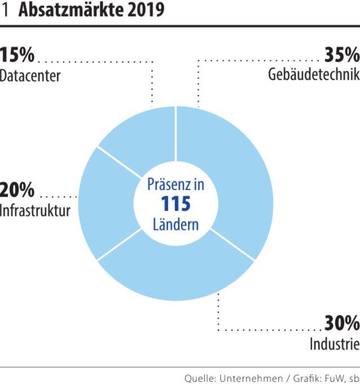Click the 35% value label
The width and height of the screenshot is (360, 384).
click(341, 55)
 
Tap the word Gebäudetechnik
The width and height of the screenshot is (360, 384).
click(314, 75)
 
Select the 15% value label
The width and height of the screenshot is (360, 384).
click(17, 55)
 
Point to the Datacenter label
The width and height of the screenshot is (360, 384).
click(30, 76)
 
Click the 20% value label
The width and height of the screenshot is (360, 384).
click(17, 191)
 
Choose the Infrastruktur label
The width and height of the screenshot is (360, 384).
click(35, 211)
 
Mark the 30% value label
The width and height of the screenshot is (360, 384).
click(341, 324)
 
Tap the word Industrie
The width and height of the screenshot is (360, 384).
click(334, 344)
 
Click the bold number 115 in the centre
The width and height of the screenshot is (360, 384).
click(175, 204)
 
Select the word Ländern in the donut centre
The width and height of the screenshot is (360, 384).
click(175, 224)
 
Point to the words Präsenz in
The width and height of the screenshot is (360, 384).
click(175, 184)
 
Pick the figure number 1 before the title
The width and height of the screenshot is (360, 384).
click(6, 10)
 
